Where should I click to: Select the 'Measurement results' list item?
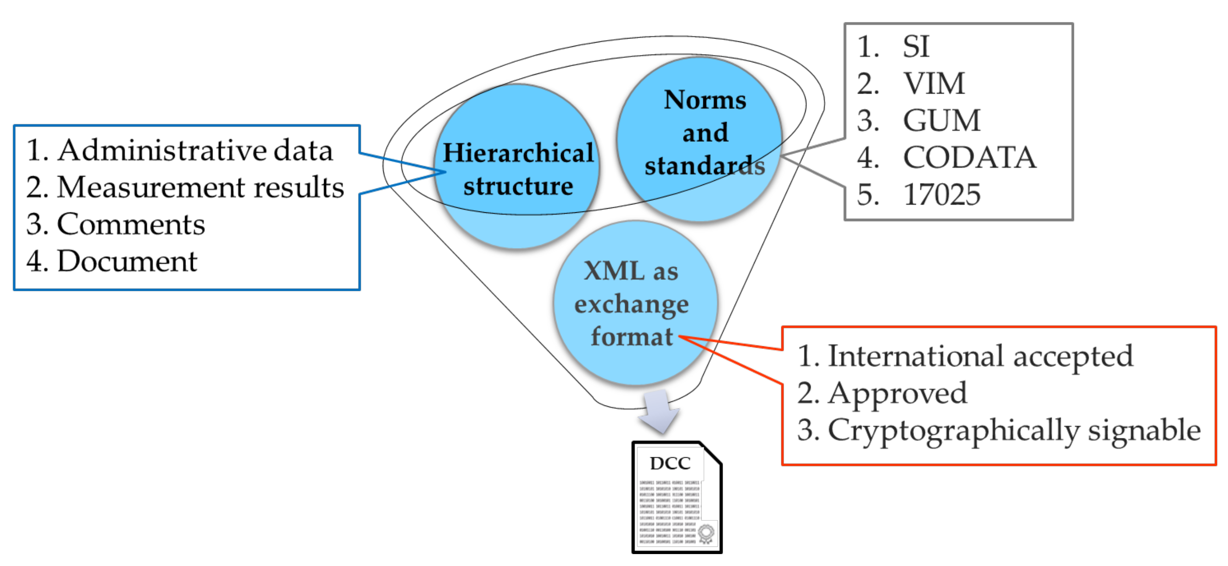click(x=200, y=187)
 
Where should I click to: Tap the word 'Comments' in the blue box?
click(x=131, y=224)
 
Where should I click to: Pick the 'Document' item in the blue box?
click(x=127, y=261)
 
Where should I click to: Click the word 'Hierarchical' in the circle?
click(x=518, y=153)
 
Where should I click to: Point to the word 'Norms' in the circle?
click(x=705, y=100)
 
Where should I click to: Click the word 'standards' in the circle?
click(x=705, y=166)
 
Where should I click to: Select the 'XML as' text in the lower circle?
click(x=631, y=271)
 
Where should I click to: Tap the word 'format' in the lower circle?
click(x=632, y=336)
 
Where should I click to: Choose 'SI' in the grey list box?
click(x=916, y=47)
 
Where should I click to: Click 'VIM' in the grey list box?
click(x=934, y=84)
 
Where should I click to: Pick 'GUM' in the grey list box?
click(x=942, y=121)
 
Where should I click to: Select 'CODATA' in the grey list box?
click(x=969, y=157)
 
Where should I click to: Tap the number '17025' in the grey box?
click(x=942, y=194)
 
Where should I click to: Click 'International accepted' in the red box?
click(x=980, y=356)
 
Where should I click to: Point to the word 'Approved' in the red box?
click(x=897, y=394)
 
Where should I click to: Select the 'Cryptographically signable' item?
click(x=1014, y=430)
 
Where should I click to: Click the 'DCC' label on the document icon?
click(x=670, y=463)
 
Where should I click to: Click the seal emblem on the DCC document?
click(x=706, y=533)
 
